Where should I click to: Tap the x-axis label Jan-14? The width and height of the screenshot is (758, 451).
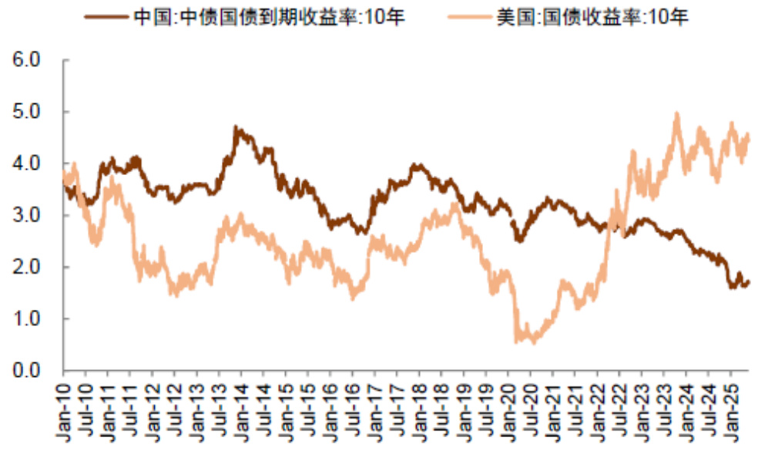[x=242, y=402]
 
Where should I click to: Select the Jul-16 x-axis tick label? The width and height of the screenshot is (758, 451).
[x=354, y=402]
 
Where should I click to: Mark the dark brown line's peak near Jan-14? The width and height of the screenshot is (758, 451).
[x=236, y=128]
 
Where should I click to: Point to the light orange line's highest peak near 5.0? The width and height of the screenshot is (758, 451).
[x=677, y=114]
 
